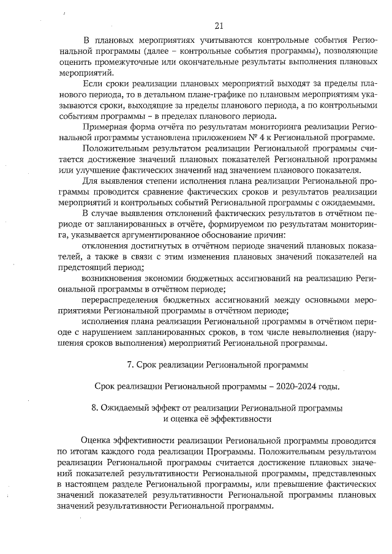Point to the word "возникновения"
click(111, 277)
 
